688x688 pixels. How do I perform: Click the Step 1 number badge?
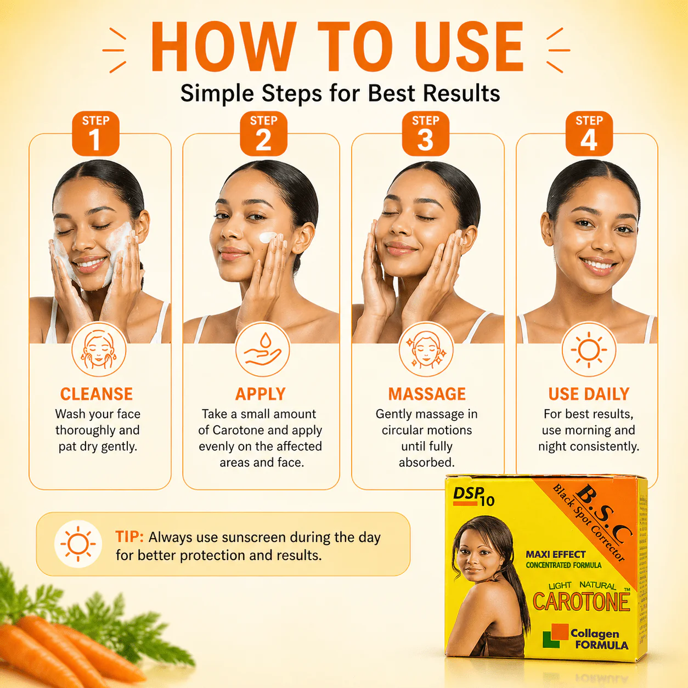tap(95, 133)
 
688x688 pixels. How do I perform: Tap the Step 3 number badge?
tap(426, 133)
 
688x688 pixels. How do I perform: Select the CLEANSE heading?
tap(97, 394)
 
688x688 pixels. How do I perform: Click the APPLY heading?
tap(261, 394)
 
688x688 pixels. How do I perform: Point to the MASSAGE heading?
tap(427, 394)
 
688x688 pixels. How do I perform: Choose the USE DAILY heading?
tap(589, 394)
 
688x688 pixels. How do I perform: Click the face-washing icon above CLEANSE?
tap(99, 349)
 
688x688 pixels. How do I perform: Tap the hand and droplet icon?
tap(262, 349)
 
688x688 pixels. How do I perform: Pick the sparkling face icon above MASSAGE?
tap(426, 349)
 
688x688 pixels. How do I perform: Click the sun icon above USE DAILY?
tap(589, 349)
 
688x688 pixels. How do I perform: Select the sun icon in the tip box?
tap(78, 544)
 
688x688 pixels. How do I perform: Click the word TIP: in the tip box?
tap(129, 537)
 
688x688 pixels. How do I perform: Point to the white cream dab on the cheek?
tap(267, 237)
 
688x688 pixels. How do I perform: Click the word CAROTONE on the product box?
tap(581, 601)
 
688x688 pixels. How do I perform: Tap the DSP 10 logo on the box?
tap(474, 497)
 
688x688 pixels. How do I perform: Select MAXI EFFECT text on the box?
tap(556, 555)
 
